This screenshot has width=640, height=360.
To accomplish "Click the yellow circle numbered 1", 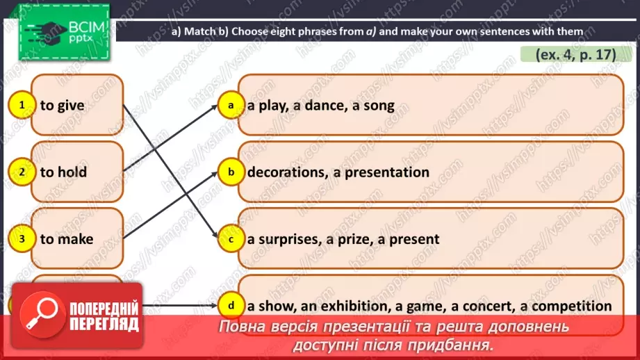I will (x=23, y=105).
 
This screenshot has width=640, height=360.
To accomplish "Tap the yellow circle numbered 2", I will (x=23, y=172).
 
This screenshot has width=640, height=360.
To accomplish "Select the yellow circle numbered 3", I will (x=23, y=238).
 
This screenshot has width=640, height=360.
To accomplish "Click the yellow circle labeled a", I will (x=229, y=105).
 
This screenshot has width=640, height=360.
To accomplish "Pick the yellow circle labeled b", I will (x=229, y=172).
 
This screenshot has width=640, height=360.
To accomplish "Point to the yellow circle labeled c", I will (x=229, y=238).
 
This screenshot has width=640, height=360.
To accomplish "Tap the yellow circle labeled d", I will (x=229, y=304).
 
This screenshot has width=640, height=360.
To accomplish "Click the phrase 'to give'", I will (x=62, y=106).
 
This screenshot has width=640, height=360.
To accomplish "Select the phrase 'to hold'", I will (x=63, y=172).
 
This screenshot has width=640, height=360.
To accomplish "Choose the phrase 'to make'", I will (x=67, y=239).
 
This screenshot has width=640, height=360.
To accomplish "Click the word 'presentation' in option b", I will (x=386, y=172).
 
